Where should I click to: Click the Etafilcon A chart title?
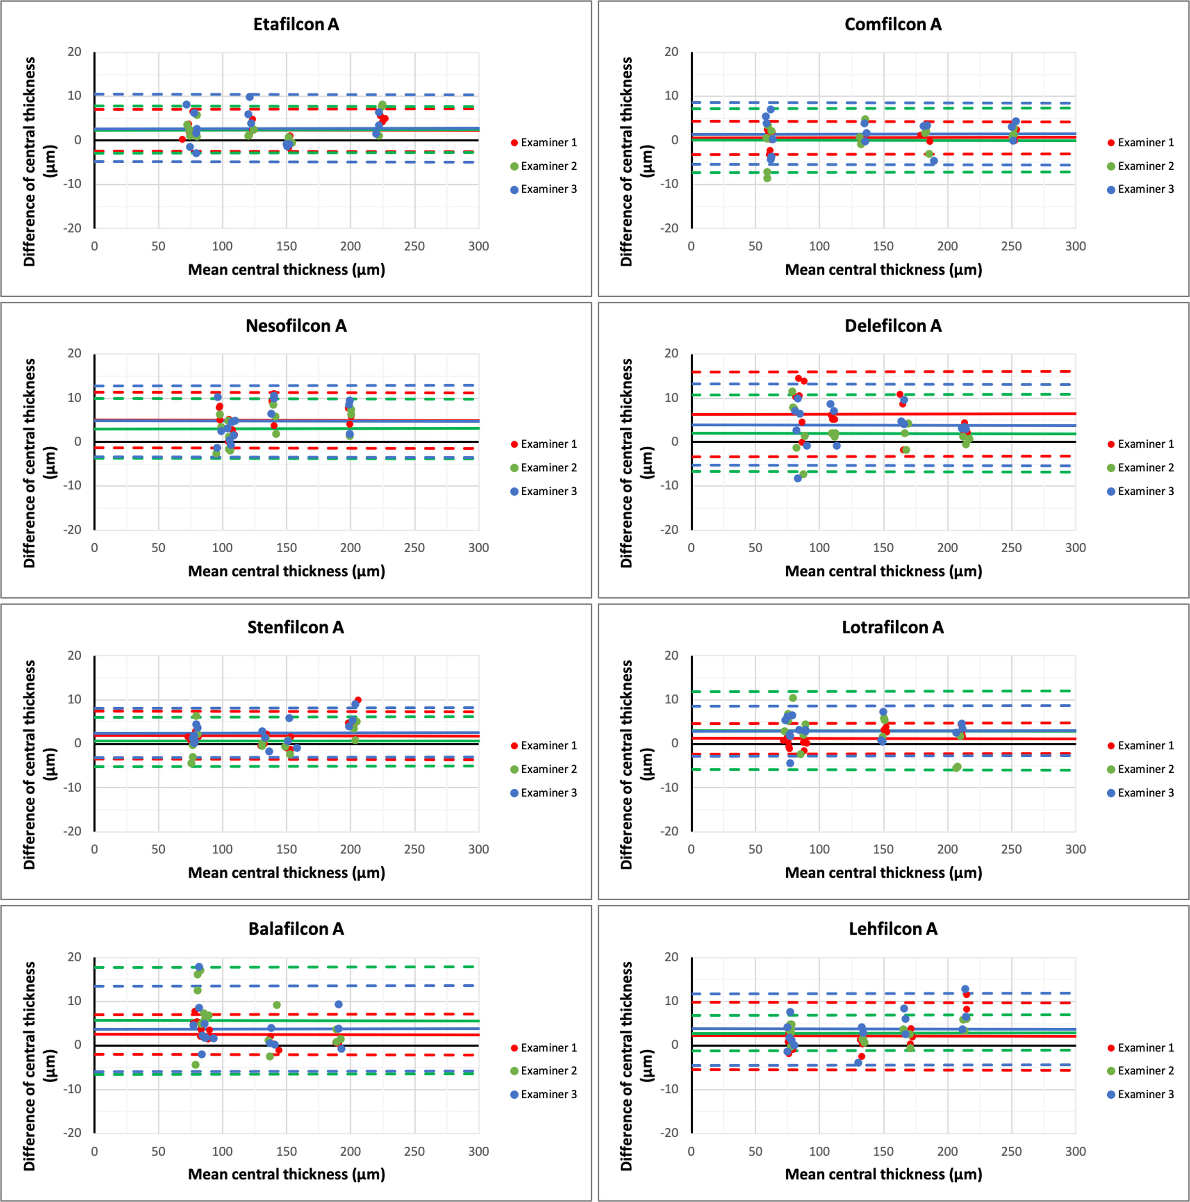pyautogui.click(x=296, y=24)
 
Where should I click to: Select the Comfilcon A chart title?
pyautogui.click(x=893, y=24)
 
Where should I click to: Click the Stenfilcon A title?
pyautogui.click(x=296, y=627)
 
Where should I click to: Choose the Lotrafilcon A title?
pyautogui.click(x=893, y=627)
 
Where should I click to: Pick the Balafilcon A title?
pyautogui.click(x=296, y=929)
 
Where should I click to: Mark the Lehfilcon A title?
pyautogui.click(x=893, y=929)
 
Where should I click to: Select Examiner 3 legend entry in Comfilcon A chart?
pyautogui.click(x=1145, y=189)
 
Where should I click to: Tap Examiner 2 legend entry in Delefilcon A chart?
pyautogui.click(x=1145, y=467)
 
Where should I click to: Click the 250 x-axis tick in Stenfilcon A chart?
pyautogui.click(x=414, y=849)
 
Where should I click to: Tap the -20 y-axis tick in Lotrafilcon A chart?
pyautogui.click(x=670, y=831)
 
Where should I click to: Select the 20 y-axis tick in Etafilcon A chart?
pyautogui.click(x=74, y=52)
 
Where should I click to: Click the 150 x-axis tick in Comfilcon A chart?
pyautogui.click(x=883, y=246)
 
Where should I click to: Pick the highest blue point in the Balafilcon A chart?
pyautogui.click(x=199, y=968)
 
